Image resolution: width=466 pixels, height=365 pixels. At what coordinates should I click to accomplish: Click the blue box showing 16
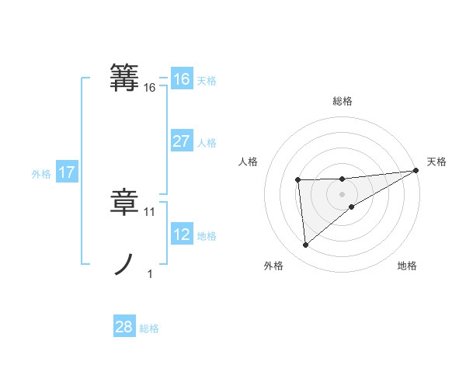181,79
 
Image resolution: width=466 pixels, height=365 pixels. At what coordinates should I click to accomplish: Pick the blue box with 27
181,141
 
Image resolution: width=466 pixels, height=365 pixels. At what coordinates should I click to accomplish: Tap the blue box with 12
181,235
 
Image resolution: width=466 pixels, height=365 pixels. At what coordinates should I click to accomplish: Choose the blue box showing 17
67,172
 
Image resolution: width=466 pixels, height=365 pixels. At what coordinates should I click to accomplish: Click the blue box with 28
124,327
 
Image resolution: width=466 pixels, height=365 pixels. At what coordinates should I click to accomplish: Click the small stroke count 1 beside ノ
150,273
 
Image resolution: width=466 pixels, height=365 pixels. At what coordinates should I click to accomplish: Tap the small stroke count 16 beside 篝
150,89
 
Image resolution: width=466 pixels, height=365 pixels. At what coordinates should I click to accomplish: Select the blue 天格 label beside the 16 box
207,81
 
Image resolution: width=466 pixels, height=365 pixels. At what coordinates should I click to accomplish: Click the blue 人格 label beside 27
207,143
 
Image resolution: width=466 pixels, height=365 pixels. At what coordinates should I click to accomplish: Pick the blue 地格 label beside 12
207,236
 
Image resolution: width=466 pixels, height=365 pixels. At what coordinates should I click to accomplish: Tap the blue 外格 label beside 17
41,174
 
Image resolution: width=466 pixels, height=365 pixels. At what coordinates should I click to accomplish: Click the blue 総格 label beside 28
149,328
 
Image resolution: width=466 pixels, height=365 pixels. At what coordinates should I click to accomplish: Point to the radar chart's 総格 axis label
342,101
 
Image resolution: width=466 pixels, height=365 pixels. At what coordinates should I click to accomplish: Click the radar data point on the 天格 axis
416,170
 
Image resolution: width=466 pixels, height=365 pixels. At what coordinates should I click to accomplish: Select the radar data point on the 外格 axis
305,245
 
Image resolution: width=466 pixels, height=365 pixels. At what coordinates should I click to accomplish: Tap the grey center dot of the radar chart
342,193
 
